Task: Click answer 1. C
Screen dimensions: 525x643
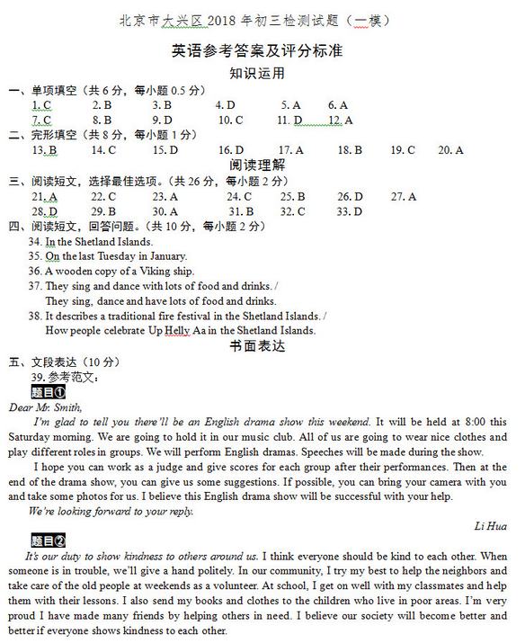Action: tap(41, 105)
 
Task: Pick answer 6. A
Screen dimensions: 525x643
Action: tap(337, 105)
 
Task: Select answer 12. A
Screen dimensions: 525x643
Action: tap(340, 121)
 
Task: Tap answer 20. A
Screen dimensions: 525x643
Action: tap(450, 150)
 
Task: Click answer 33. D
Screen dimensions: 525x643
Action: tap(349, 212)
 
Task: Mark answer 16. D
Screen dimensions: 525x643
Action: tap(232, 150)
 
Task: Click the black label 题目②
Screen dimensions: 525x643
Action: tap(48, 540)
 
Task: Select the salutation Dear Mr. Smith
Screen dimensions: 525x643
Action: tap(45, 406)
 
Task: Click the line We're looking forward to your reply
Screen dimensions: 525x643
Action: tap(111, 511)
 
